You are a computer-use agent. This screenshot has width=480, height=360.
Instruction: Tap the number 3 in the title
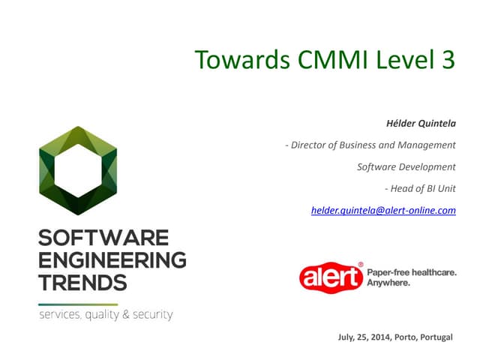pos(447,60)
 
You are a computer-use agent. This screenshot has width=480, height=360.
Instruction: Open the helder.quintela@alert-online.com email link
pos(383,211)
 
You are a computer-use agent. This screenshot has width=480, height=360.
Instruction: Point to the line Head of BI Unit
pos(420,188)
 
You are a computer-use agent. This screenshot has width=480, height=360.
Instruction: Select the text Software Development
pos(406,166)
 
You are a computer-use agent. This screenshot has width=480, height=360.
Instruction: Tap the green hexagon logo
pos(77,171)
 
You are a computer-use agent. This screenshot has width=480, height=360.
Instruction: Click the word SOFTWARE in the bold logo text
pos(103,239)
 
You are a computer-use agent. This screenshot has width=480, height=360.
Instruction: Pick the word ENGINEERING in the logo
pos(112,261)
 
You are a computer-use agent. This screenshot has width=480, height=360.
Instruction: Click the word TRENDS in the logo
pos(82,283)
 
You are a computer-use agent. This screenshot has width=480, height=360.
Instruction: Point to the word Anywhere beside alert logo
pos(388,283)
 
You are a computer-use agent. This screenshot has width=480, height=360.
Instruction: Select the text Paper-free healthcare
pos(411,273)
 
